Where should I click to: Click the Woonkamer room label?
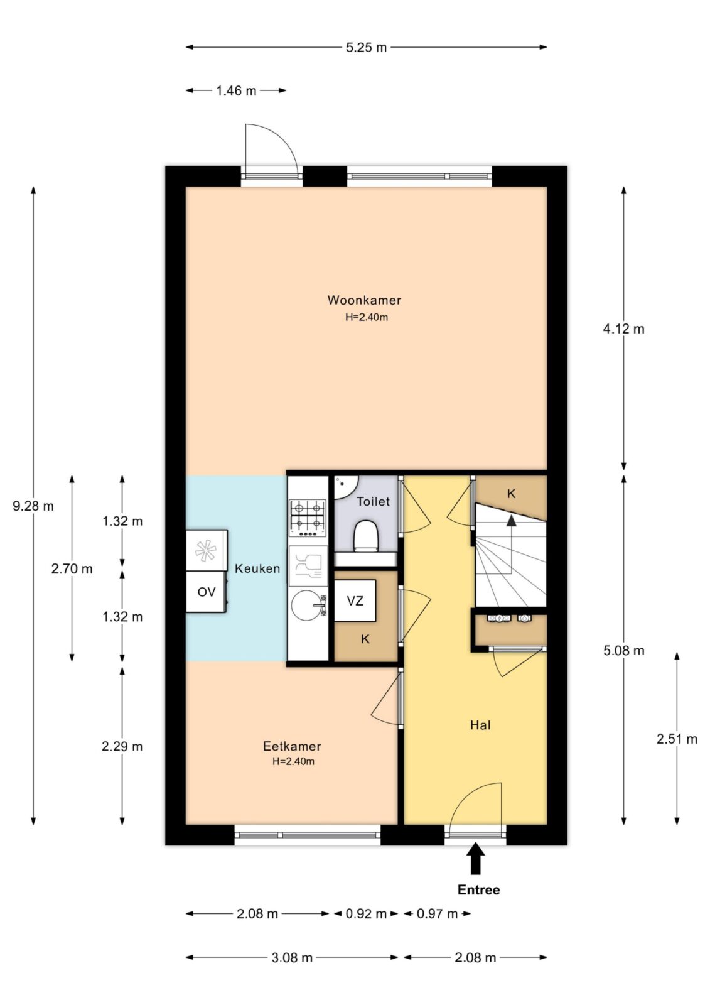[x=363, y=300]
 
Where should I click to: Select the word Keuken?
[x=257, y=568]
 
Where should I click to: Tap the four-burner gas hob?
[x=308, y=518]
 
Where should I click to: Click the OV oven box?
[x=207, y=591]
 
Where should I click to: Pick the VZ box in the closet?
[x=355, y=600]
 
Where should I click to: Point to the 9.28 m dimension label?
[x=33, y=506]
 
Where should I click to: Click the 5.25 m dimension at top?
[x=366, y=47]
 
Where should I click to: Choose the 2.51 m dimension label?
[x=677, y=739]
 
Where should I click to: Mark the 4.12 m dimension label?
[x=623, y=329]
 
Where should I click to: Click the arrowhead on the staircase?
[x=511, y=520]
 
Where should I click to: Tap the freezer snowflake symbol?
[x=206, y=550]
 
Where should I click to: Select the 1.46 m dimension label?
[x=237, y=90]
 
